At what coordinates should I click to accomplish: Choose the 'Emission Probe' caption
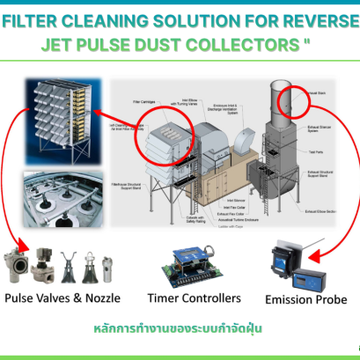point(307,300)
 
